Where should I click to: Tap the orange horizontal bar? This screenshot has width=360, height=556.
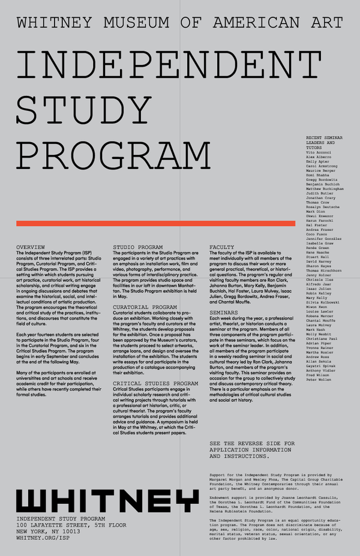click(x=156, y=223)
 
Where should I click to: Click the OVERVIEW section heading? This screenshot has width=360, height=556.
click(x=31, y=247)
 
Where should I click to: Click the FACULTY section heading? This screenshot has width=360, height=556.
click(x=221, y=247)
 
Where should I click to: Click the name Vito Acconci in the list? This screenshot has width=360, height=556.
click(x=318, y=153)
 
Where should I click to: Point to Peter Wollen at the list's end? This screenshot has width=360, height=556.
click(x=318, y=397)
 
